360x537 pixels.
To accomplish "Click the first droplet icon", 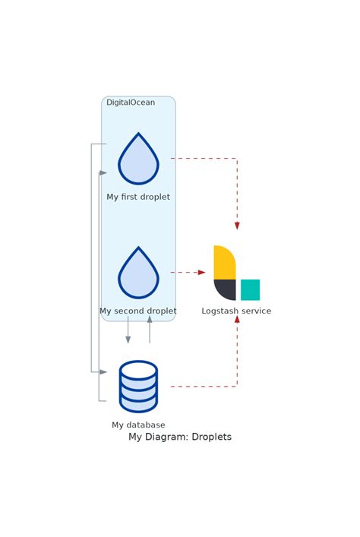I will [138, 160].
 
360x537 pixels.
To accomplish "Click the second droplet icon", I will [138, 274].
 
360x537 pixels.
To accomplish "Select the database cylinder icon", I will [138, 387].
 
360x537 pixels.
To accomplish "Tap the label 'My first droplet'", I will [138, 197].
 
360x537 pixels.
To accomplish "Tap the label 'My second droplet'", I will [138, 311].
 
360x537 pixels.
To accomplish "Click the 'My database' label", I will [138, 425].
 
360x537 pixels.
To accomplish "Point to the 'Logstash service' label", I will [236, 311].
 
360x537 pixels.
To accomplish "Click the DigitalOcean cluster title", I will [131, 103].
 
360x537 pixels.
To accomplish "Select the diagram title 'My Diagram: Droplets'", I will [180, 437].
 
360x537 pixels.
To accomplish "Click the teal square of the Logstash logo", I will [250, 290].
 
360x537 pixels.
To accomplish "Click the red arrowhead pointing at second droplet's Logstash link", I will [201, 273].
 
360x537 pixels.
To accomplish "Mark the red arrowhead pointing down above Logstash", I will [237, 226].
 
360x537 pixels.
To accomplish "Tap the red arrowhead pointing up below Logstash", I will [237, 320].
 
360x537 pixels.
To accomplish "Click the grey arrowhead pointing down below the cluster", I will [128, 340].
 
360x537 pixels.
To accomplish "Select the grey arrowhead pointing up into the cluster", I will [150, 320].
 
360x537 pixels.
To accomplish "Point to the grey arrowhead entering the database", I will [103, 372].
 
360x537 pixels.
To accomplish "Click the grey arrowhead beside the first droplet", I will [103, 173].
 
